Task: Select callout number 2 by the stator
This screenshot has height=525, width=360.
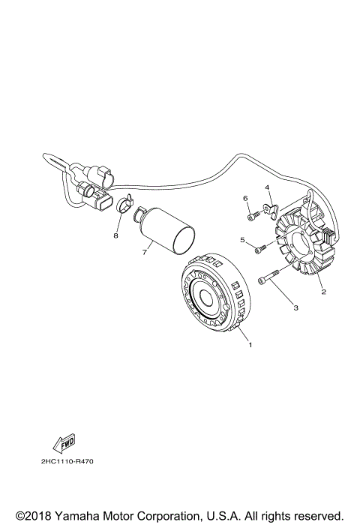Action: [x=323, y=292]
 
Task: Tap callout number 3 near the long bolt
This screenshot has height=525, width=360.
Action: [x=295, y=307]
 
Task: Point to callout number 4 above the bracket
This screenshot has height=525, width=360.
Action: [x=265, y=187]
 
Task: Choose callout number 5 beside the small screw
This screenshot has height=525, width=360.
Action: [x=241, y=240]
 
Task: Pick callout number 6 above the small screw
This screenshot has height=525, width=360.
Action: [x=244, y=198]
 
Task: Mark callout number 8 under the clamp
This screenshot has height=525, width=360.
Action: [x=116, y=235]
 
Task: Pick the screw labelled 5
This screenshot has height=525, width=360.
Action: [x=259, y=248]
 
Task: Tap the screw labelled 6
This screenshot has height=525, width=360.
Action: [x=252, y=216]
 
